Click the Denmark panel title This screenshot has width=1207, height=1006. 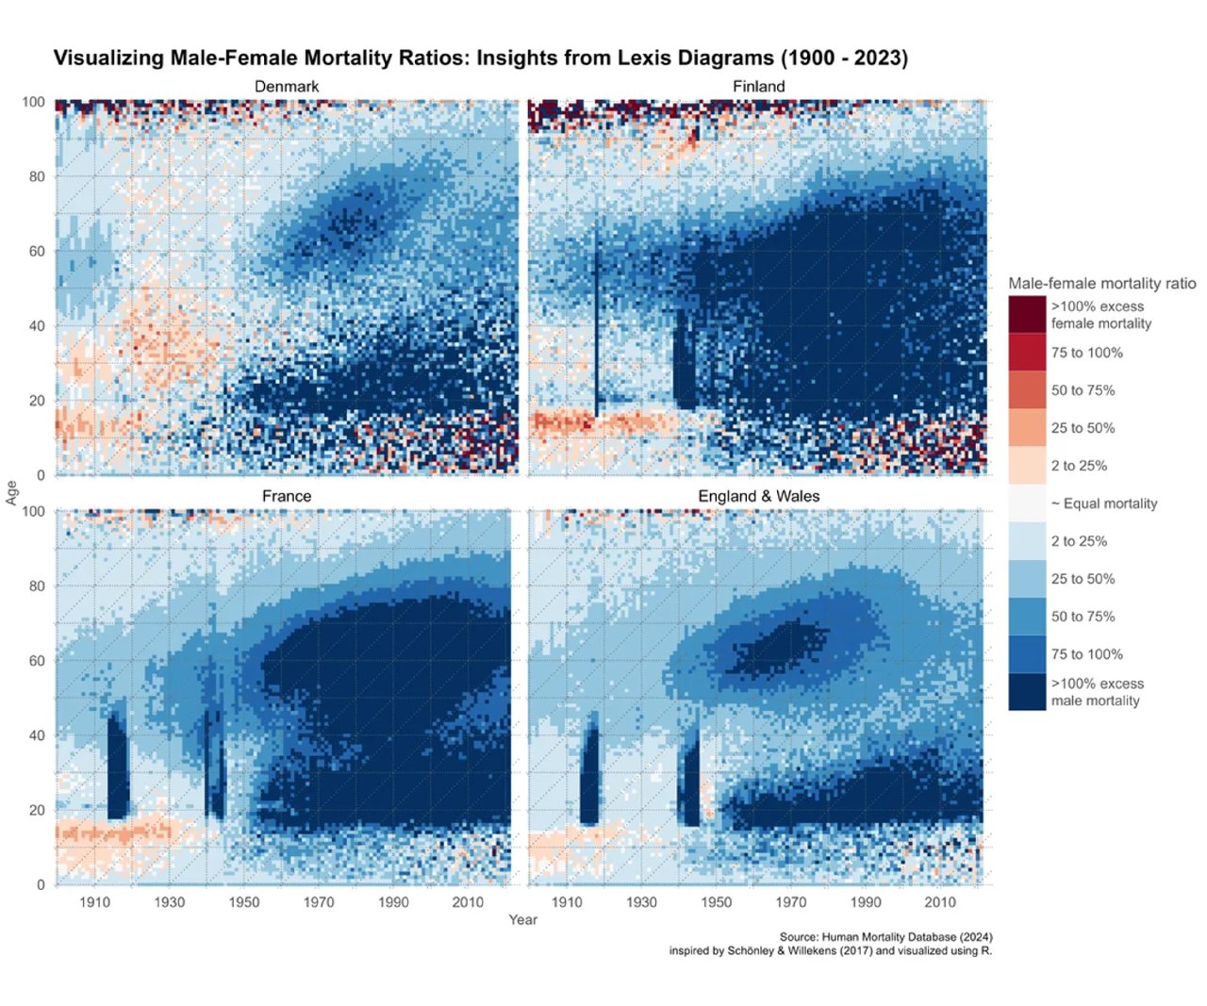coord(287,87)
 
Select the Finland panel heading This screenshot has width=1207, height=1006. coord(758,87)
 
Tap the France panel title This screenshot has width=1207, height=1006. coord(287,496)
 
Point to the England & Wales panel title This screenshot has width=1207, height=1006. coord(758,496)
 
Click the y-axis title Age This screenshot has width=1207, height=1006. coord(12,492)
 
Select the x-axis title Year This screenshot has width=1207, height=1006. coord(522,919)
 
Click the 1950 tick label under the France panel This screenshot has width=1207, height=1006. coord(244,902)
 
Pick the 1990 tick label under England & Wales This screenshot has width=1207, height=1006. coord(866,902)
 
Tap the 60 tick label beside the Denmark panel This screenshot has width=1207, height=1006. coord(37,251)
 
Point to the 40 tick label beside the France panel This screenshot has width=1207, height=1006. coord(37,735)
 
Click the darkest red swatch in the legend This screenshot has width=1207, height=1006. coord(1027,314)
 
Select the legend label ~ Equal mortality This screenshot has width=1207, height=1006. coord(1103,503)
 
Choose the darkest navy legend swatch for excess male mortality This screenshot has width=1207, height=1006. coord(1027,691)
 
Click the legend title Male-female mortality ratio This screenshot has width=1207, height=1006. coord(1101,283)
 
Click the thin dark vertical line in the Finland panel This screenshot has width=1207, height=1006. coord(596,321)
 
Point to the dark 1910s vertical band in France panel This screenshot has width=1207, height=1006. coord(118,764)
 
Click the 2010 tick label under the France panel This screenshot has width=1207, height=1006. coord(468,902)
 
